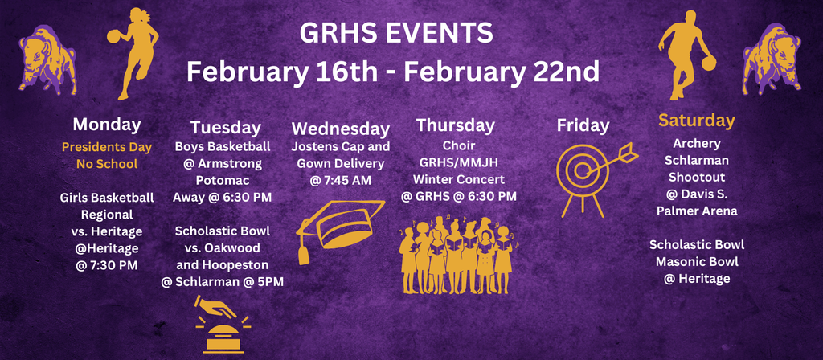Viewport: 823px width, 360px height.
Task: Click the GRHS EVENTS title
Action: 395,35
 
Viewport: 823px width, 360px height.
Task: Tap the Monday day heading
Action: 107,125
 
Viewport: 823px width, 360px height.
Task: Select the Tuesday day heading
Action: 226,127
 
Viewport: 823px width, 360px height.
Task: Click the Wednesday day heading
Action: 341,129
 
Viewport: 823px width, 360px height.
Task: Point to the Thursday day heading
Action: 456,125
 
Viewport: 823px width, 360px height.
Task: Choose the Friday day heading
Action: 583,125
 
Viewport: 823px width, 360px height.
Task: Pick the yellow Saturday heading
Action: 697,121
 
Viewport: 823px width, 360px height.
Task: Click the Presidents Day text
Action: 107,147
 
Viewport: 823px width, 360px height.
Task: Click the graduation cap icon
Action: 341,227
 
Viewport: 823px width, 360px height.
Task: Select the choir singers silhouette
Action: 457,254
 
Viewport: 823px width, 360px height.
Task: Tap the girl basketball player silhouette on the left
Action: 133,52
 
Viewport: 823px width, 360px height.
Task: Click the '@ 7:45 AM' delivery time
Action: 341,181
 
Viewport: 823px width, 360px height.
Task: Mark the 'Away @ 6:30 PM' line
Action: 222,197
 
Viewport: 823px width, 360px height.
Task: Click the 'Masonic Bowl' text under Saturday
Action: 697,261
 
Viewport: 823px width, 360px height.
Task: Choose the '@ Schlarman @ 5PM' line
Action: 222,281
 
